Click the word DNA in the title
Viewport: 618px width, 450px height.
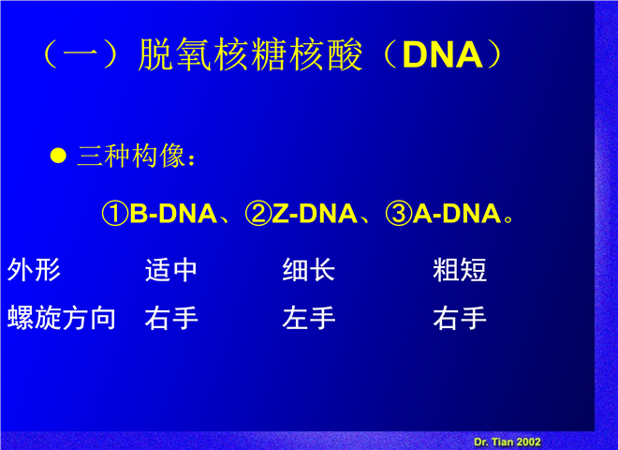coord(443,55)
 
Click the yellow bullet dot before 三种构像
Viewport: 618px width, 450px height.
coord(58,155)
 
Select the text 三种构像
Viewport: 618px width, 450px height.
coord(131,155)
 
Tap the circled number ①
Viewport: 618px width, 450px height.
coord(115,214)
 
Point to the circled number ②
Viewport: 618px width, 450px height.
coord(258,214)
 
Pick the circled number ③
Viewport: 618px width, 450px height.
coord(399,214)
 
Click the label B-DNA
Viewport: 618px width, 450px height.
coord(173,214)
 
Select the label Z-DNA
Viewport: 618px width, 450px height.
coord(315,214)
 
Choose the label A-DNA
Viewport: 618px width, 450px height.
coord(456,214)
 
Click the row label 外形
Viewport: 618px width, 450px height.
coord(34,270)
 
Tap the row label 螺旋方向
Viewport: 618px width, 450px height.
coord(62,318)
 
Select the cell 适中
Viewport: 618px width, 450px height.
coord(171,270)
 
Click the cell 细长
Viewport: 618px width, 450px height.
coord(309,270)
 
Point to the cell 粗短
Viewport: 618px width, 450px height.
coord(460,270)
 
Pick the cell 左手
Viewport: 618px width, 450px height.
coord(309,318)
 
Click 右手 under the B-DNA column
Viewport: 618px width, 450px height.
coord(171,318)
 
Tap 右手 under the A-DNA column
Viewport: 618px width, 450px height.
coord(460,318)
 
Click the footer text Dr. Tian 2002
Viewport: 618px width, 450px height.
coord(508,442)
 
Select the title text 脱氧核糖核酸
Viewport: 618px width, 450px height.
coord(250,55)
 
